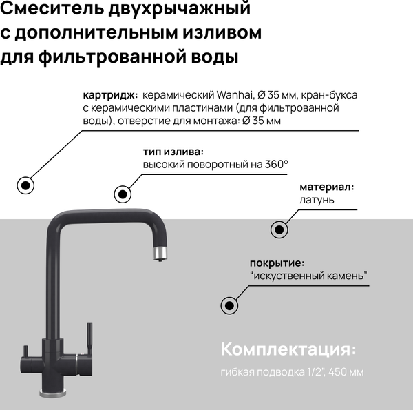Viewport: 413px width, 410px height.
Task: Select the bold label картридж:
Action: tap(110, 95)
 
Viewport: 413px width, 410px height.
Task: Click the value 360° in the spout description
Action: tap(276, 165)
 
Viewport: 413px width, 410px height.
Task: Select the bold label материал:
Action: tap(326, 187)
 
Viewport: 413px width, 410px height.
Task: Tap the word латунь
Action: tap(317, 200)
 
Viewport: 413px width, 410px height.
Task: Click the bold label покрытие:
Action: tap(277, 263)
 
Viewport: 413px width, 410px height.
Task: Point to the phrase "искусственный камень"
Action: tap(308, 276)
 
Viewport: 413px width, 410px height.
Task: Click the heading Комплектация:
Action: tap(288, 349)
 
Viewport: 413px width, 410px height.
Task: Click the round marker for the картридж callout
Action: tap(26, 185)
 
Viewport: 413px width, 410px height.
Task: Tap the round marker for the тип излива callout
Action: tap(123, 195)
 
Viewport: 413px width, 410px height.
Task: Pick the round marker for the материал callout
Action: tap(279, 229)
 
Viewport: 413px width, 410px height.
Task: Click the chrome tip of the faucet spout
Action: tap(158, 256)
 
